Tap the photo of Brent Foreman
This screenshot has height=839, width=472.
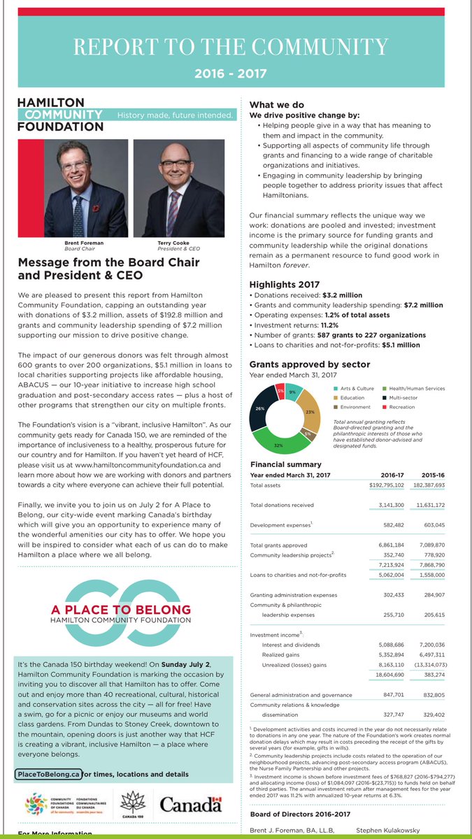pos(87,188)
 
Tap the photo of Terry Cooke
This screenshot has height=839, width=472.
pos(175,188)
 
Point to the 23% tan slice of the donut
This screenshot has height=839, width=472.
pos(310,411)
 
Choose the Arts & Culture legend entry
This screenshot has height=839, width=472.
pos(357,388)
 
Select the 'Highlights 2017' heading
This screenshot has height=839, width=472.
pos(284,285)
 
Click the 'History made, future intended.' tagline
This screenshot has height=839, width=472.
pos(176,115)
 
